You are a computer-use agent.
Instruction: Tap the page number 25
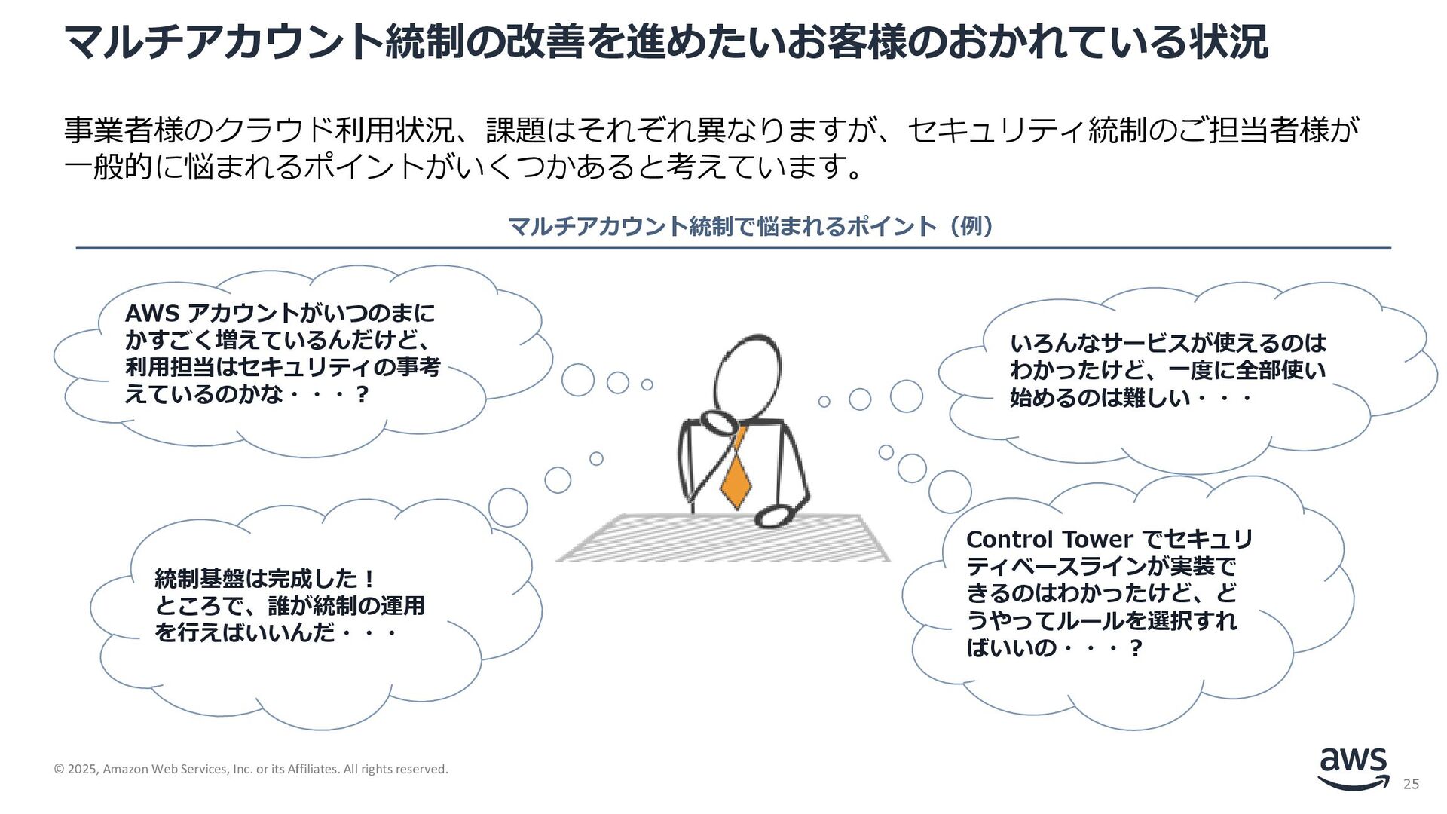(1411, 785)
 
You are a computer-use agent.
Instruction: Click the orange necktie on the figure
(736, 472)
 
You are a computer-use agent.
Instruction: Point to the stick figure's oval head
(746, 373)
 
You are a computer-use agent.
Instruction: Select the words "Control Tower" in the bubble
(1049, 540)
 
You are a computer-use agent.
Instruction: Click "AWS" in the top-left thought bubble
(151, 314)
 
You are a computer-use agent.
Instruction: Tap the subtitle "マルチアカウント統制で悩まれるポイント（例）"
(751, 226)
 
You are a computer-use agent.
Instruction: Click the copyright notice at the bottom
(251, 769)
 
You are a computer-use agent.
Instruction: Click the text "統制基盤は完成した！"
(265, 579)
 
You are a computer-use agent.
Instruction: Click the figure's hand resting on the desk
(772, 516)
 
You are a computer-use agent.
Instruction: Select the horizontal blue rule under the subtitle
(733, 248)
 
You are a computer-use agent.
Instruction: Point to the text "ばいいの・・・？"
(1054, 647)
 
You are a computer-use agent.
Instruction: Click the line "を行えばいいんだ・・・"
(275, 632)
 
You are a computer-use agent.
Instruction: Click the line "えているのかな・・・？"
(246, 394)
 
